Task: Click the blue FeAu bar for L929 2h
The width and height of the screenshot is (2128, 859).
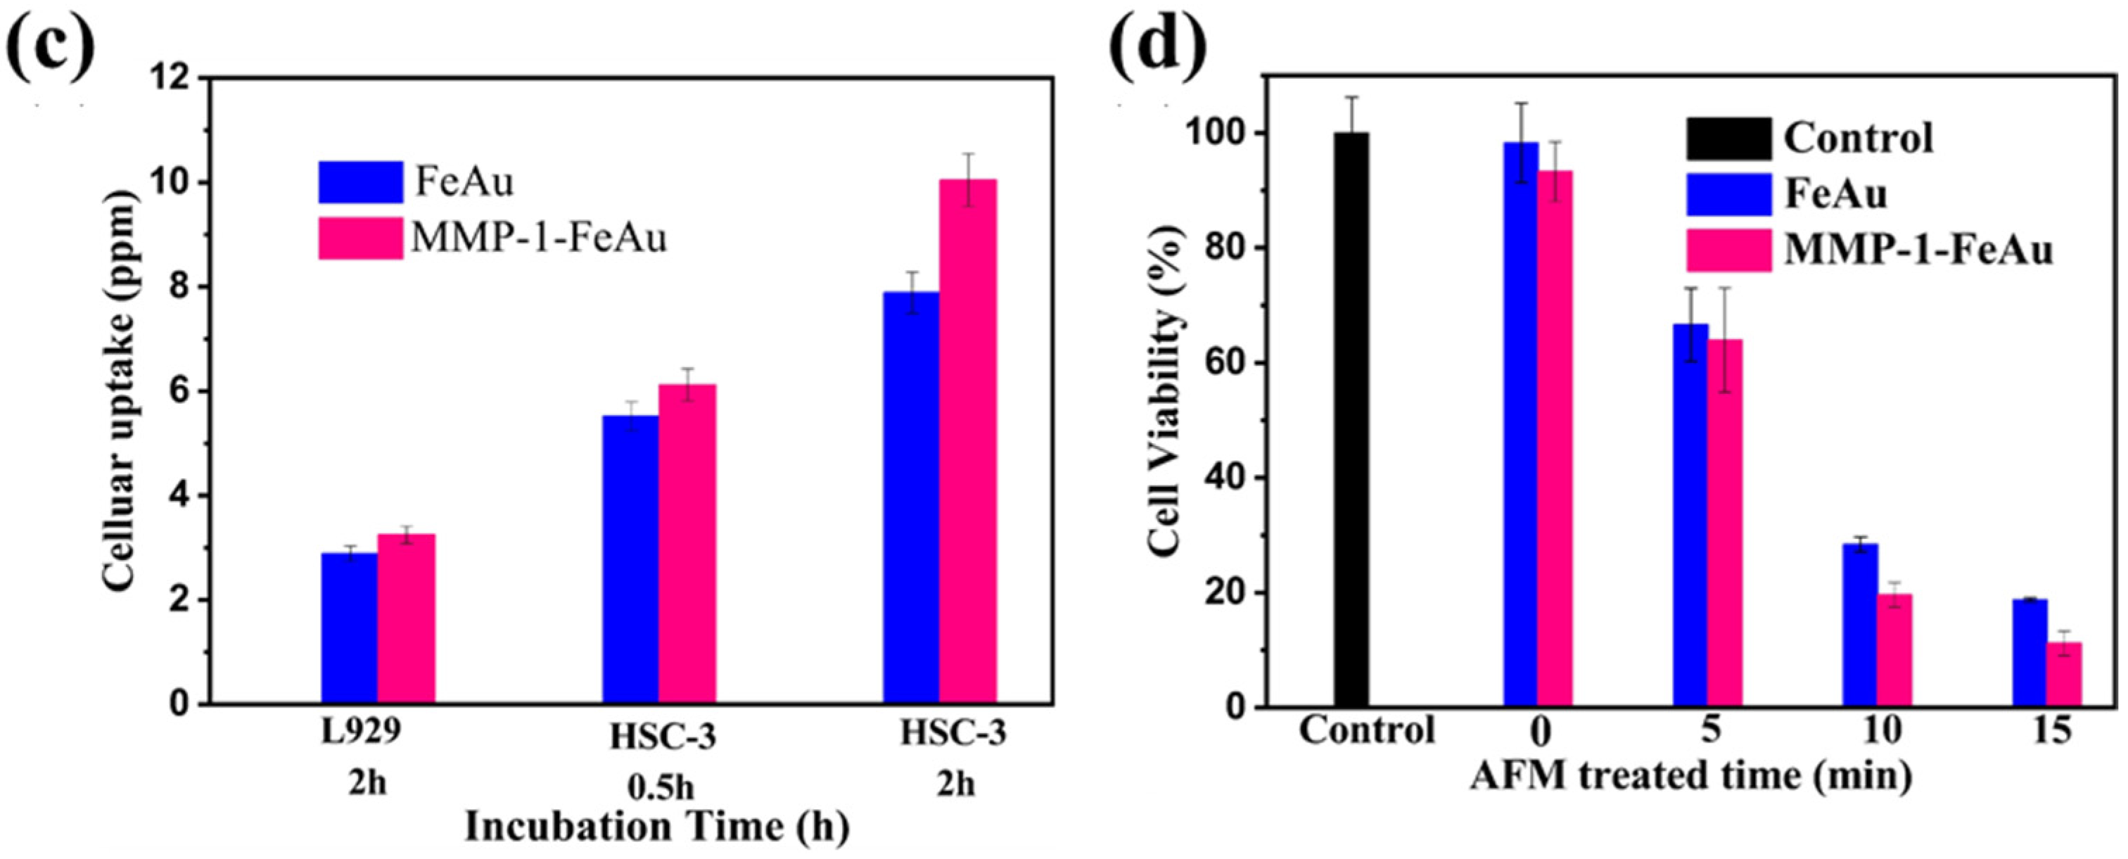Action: click(350, 628)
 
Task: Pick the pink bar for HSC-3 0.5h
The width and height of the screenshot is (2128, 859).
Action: click(687, 545)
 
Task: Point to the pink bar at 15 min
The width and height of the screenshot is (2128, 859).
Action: click(2063, 674)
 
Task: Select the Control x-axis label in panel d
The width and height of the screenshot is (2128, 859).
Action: click(1367, 730)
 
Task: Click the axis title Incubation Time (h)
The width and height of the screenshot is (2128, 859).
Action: click(657, 827)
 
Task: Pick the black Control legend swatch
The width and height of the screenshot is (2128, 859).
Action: click(1728, 139)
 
